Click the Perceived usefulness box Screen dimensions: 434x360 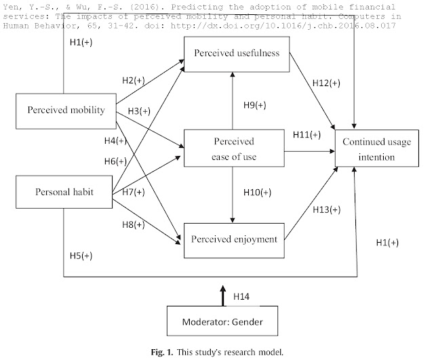click(237, 54)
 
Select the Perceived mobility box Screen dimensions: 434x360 click(66, 111)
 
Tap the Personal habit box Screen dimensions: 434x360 click(64, 192)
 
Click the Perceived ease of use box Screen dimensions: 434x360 click(234, 148)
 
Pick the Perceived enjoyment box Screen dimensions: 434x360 click(234, 241)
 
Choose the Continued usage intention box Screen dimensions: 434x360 click(377, 148)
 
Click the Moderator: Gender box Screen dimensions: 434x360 click(222, 321)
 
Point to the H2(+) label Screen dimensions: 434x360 click(134, 80)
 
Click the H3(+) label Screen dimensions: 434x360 click(139, 111)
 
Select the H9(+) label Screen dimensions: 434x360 click(255, 105)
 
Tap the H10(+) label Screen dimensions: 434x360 click(257, 192)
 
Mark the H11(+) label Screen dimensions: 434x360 click(307, 134)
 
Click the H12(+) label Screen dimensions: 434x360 click(326, 83)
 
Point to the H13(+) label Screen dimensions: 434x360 click(327, 209)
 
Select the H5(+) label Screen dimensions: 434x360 click(81, 256)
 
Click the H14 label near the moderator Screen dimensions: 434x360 click(241, 296)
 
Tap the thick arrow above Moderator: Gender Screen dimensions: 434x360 click(223, 296)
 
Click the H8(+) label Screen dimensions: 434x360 click(134, 224)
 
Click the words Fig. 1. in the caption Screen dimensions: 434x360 click(162, 353)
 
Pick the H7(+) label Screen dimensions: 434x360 click(134, 192)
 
